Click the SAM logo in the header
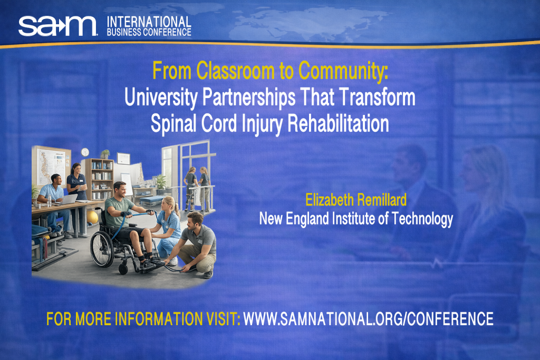click(x=57, y=25)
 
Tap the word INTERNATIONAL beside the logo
click(x=149, y=22)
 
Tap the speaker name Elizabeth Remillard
click(x=356, y=200)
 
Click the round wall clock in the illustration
click(x=85, y=152)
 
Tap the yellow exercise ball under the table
click(x=92, y=217)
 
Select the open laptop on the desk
click(x=69, y=199)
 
